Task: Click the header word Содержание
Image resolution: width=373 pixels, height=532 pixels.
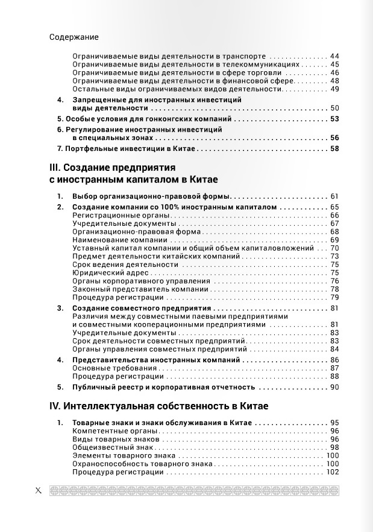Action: pos(74,37)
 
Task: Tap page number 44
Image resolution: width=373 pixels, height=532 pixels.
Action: pos(335,56)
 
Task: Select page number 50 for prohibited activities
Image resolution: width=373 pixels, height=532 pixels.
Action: pos(335,108)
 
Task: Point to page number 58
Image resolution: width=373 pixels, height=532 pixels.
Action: pos(335,149)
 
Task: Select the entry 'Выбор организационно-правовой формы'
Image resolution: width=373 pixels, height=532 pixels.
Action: pos(151,196)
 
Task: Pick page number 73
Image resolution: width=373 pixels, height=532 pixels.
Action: pos(335,256)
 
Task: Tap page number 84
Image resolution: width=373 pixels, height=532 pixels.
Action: pos(335,349)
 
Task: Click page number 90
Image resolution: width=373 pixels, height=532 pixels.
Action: pos(335,387)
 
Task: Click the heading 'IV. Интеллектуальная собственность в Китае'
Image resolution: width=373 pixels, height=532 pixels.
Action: pos(158,406)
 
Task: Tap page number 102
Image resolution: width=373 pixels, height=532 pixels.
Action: pos(333,472)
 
